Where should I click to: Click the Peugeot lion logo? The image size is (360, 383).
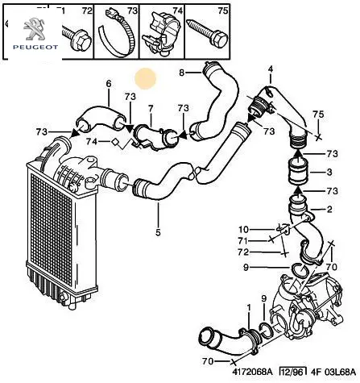pyautogui.click(x=35, y=29)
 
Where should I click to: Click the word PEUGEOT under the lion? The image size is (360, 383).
pyautogui.click(x=35, y=48)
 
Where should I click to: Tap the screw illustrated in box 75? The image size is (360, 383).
pyautogui.click(x=209, y=35)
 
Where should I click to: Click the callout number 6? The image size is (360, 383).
pyautogui.click(x=108, y=84)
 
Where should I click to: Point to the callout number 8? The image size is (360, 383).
pyautogui.click(x=182, y=73)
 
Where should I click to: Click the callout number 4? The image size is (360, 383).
pyautogui.click(x=271, y=69)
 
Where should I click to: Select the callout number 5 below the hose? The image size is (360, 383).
pyautogui.click(x=158, y=232)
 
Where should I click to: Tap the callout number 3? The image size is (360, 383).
pyautogui.click(x=329, y=172)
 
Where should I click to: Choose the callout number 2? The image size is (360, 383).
pyautogui.click(x=329, y=209)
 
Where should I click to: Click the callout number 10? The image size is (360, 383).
pyautogui.click(x=244, y=229)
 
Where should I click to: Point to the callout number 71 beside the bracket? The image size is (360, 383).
pyautogui.click(x=243, y=240)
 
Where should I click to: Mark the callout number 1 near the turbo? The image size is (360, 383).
pyautogui.click(x=249, y=307)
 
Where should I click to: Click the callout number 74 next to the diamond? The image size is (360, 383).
pyautogui.click(x=92, y=141)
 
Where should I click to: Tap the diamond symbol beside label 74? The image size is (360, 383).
pyautogui.click(x=115, y=142)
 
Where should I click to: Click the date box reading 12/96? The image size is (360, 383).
pyautogui.click(x=292, y=372)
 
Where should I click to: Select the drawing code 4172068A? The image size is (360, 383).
pyautogui.click(x=252, y=372)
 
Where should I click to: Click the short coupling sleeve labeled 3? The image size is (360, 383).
pyautogui.click(x=298, y=172)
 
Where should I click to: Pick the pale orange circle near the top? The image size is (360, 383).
pyautogui.click(x=146, y=78)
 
